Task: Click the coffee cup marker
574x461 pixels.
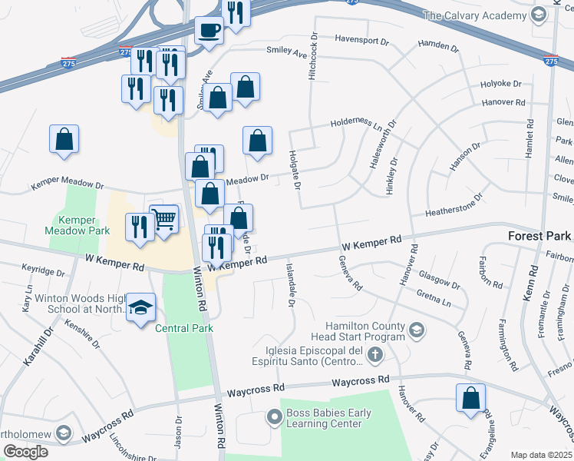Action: (208, 32)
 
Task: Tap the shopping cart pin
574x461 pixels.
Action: (164, 220)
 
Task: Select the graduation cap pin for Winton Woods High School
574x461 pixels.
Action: (140, 308)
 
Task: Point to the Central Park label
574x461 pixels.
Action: (183, 328)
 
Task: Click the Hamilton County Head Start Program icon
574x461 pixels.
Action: (417, 331)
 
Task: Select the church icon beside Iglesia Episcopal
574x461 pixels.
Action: (374, 355)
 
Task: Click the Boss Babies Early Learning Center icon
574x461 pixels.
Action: (274, 418)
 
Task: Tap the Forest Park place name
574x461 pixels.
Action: (540, 235)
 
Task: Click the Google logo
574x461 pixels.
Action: (25, 452)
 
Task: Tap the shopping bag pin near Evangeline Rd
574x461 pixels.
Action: (470, 399)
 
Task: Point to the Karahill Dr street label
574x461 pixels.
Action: (38, 347)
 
